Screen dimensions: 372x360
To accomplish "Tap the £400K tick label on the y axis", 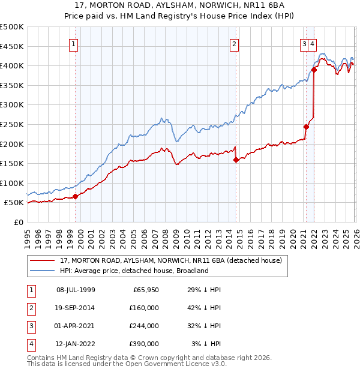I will [x=12, y=65].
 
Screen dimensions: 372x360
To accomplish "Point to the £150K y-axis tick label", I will [x=12, y=163].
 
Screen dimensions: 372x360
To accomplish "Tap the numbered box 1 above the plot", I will [x=73, y=43].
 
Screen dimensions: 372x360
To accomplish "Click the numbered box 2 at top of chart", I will [x=234, y=43].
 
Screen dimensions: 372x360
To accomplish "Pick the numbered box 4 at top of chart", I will [x=313, y=43].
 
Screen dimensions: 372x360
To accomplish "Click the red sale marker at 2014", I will [x=236, y=160].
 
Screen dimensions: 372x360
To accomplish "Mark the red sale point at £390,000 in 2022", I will [x=314, y=70].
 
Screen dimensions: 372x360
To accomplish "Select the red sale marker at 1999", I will [x=76, y=196].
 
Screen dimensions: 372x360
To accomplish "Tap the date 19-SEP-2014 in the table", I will [x=76, y=308].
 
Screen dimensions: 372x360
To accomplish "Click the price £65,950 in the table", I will [x=145, y=290].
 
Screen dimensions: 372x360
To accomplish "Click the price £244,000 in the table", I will [x=144, y=326].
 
